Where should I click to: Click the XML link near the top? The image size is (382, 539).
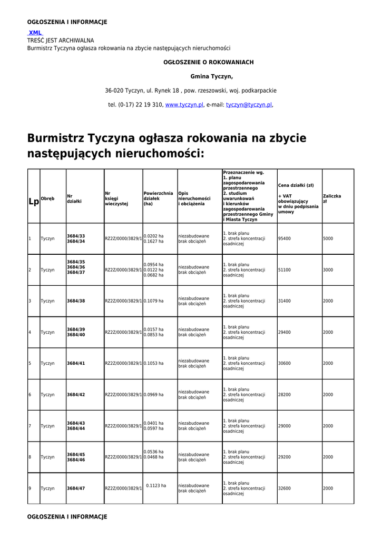[x=35, y=33]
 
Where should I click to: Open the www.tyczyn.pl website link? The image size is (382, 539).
[x=184, y=105]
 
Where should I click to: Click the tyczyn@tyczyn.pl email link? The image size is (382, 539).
[x=249, y=105]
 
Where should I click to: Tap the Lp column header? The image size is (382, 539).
[x=33, y=202]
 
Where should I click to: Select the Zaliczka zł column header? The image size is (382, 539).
[x=332, y=199]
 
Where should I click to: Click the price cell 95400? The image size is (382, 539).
[x=285, y=238]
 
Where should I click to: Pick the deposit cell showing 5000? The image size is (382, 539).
[x=328, y=238]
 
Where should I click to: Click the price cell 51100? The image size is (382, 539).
[x=285, y=270]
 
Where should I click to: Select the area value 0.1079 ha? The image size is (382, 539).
[x=153, y=301]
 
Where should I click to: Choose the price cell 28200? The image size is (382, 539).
[x=285, y=395]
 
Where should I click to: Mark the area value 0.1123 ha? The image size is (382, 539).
[x=156, y=486]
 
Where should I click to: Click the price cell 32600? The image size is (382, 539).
[x=285, y=488]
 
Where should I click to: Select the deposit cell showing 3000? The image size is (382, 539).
[x=328, y=270]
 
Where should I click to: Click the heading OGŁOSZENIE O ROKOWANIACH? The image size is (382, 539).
[x=209, y=62]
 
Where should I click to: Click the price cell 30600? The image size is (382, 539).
[x=285, y=363]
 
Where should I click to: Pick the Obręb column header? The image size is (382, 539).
[x=47, y=199]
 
